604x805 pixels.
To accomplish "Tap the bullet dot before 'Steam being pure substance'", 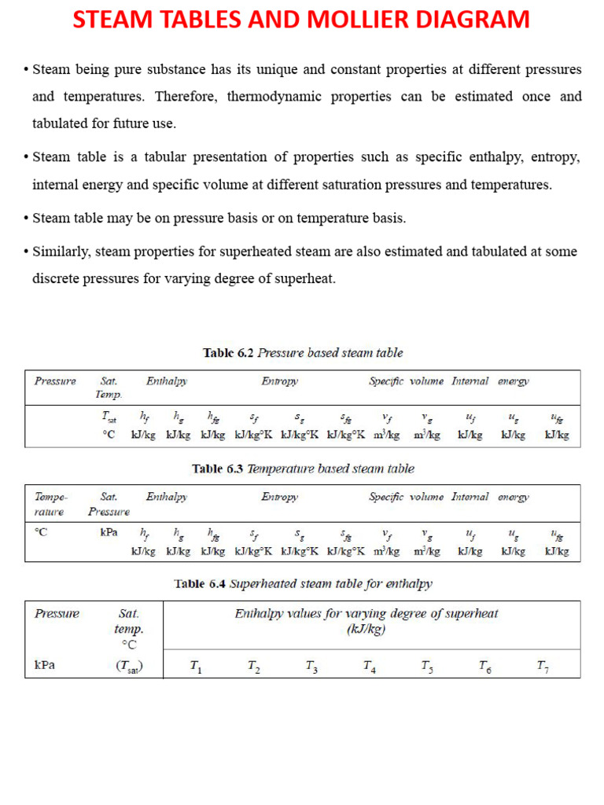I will (x=26, y=70).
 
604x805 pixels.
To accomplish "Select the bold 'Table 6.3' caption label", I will (x=218, y=469).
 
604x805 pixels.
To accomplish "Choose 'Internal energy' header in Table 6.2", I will (x=490, y=381).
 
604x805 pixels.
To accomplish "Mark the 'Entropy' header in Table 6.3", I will (x=279, y=497).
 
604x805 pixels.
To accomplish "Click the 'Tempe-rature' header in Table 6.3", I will (x=51, y=504).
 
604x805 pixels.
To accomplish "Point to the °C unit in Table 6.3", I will (x=41, y=532).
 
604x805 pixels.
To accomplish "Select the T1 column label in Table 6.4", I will (x=196, y=667).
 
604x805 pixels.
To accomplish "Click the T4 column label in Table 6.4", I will (x=369, y=667).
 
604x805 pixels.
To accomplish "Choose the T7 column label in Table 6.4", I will (x=543, y=667).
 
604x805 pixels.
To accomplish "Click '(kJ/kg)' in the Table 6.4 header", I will (x=366, y=629).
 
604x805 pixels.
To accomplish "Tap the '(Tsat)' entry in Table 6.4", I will (x=128, y=667).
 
